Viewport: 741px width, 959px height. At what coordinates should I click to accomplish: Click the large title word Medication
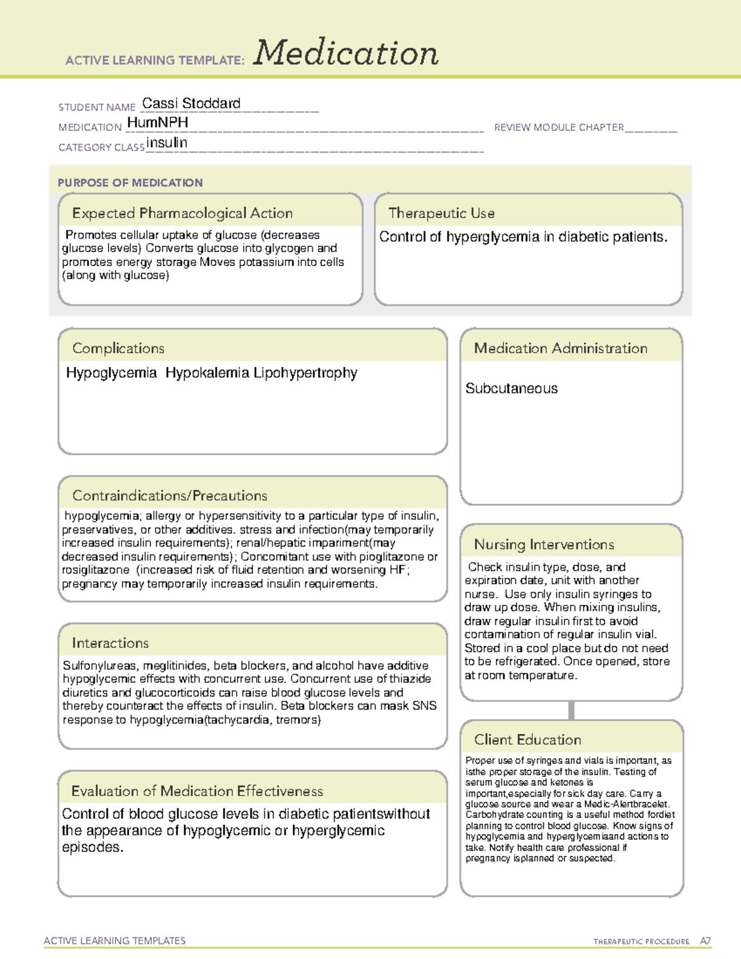point(346,53)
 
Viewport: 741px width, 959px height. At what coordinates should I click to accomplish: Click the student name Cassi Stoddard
point(191,103)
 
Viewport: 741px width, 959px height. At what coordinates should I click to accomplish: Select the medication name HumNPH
point(157,123)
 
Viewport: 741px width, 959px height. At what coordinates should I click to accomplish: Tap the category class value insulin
point(167,143)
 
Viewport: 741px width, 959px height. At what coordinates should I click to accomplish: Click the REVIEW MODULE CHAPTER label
point(559,127)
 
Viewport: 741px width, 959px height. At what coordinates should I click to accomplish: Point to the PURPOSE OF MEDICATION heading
point(130,183)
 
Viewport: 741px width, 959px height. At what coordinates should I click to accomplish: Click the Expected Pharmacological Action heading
point(182,213)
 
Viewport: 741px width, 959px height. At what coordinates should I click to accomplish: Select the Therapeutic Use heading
point(441,213)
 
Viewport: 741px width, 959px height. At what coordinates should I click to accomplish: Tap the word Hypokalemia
point(207,373)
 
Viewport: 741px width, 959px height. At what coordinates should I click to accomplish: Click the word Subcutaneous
point(511,388)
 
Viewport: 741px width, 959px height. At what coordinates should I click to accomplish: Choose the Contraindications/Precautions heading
point(169,495)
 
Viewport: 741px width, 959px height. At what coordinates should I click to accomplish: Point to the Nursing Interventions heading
point(543,545)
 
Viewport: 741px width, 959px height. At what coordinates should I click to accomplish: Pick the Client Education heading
point(527,740)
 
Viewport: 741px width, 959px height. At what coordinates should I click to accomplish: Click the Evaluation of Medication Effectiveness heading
point(197,791)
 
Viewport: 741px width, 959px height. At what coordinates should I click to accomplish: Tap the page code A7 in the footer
point(705,941)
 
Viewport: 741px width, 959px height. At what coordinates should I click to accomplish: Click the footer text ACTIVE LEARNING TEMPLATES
point(114,940)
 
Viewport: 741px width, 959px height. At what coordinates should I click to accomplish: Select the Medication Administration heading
point(560,348)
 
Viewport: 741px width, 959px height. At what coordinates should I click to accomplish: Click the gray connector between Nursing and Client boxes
point(571,710)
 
